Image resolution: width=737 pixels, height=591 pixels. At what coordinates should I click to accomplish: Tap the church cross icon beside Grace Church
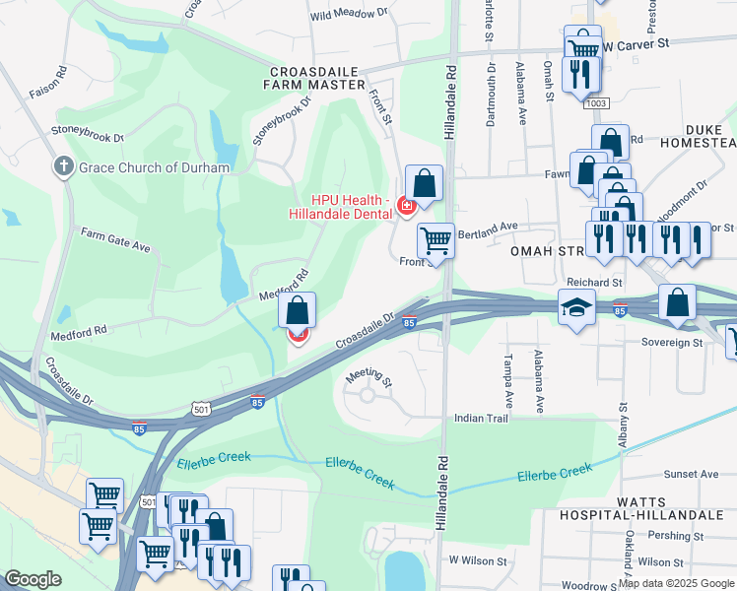tap(65, 166)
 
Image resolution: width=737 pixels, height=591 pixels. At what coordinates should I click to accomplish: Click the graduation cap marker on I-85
tap(576, 307)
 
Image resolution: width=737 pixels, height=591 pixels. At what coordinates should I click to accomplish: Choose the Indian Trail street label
tap(480, 419)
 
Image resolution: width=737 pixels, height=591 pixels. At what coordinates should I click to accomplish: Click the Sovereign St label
tap(668, 343)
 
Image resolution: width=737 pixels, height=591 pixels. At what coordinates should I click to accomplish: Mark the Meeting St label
tap(369, 379)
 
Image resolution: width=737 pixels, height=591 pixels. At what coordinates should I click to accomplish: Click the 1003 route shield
tap(595, 103)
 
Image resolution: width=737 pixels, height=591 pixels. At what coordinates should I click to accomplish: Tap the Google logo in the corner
tap(33, 579)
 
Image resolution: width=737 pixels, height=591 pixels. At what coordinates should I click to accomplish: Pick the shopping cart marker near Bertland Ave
tap(435, 240)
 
